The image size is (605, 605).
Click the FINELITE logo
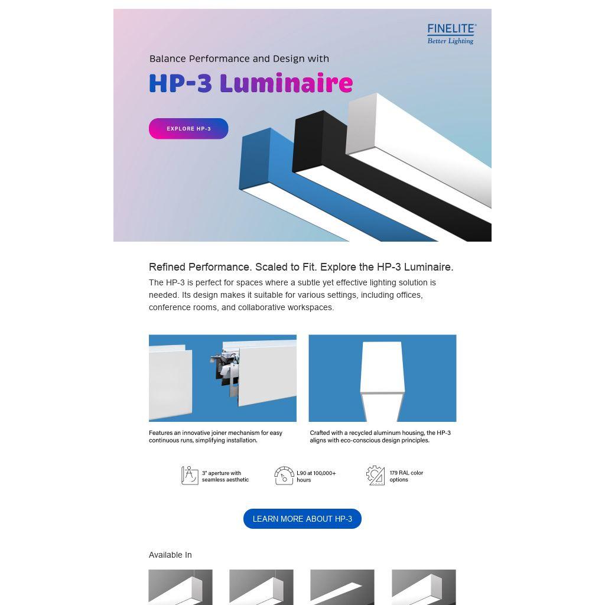(451, 34)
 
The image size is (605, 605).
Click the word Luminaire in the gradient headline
(287, 83)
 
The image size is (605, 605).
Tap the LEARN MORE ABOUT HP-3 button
(302, 519)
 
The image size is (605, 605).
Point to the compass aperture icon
(190, 476)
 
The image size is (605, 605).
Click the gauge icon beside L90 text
(284, 476)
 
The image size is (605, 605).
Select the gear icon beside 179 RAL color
(375, 476)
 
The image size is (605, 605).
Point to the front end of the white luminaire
(361, 123)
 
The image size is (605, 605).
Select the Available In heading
(170, 555)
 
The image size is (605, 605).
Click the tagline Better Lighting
(450, 41)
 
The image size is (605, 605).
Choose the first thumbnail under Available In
(180, 587)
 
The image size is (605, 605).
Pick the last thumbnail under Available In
(424, 587)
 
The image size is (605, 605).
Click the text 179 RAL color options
(406, 476)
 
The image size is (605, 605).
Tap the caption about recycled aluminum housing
(380, 437)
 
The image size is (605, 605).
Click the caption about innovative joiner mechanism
(216, 437)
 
